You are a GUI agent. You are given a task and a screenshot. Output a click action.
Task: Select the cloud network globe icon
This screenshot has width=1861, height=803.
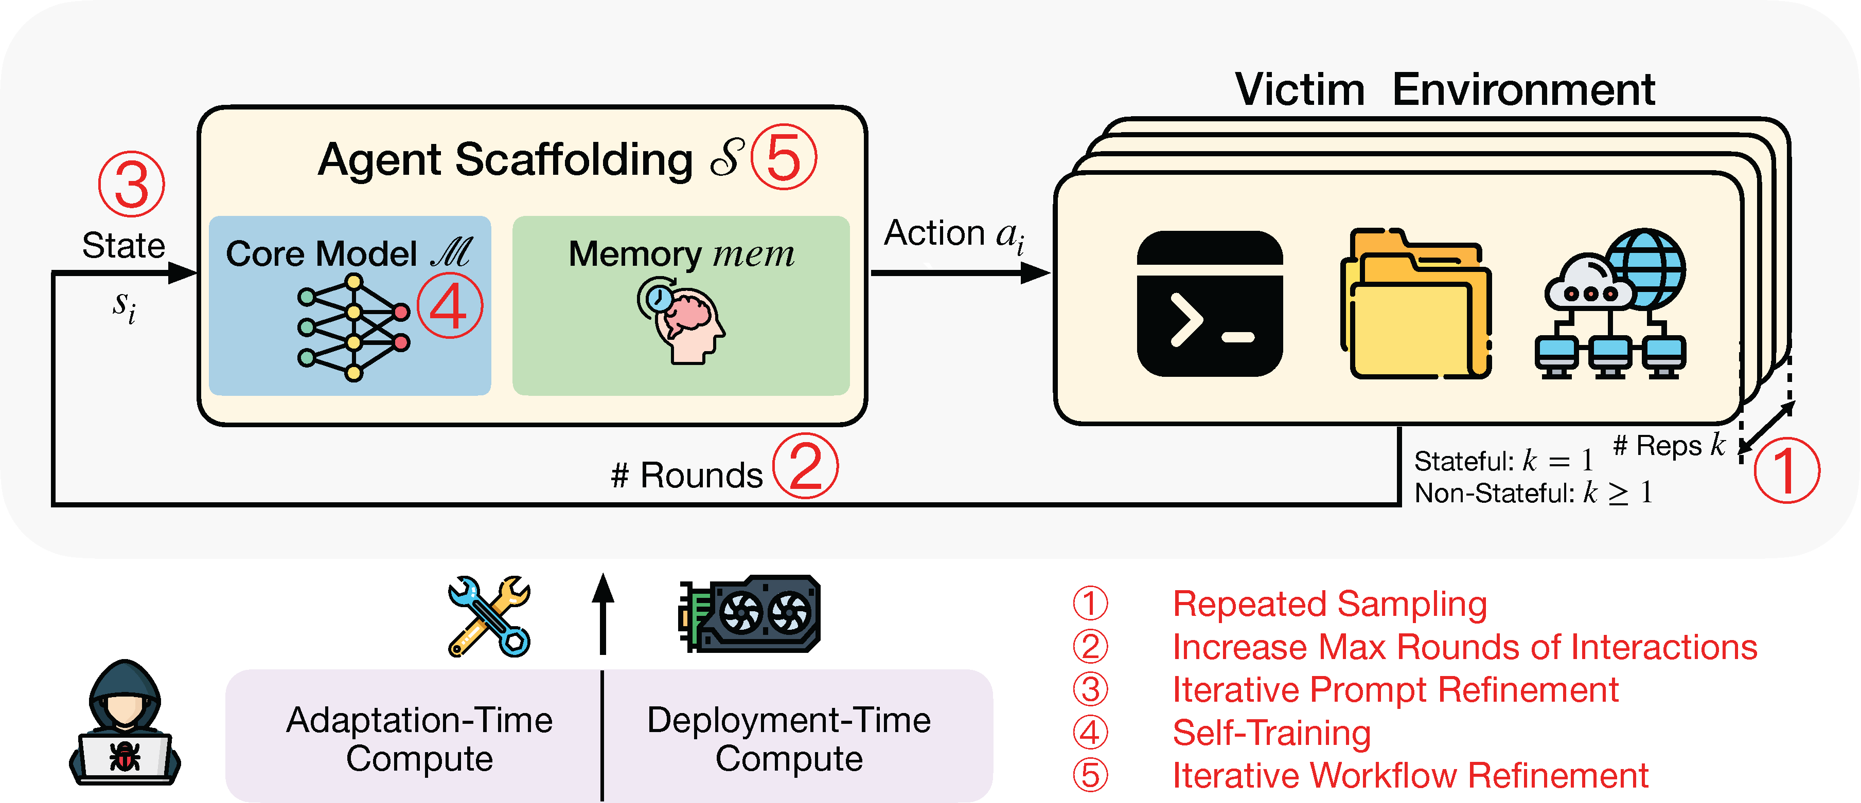click(x=1610, y=303)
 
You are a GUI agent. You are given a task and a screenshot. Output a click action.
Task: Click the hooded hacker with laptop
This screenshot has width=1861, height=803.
click(x=125, y=722)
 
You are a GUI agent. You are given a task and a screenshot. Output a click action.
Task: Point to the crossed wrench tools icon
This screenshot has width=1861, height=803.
click(x=489, y=616)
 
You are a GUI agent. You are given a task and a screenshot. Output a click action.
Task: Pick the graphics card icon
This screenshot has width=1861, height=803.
click(x=749, y=614)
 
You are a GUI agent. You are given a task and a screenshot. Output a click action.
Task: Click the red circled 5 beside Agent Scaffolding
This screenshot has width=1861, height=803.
click(x=784, y=157)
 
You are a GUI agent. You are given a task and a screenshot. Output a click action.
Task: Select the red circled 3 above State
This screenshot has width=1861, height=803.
click(x=132, y=184)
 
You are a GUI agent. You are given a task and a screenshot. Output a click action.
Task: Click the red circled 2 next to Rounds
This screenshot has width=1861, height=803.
click(x=806, y=465)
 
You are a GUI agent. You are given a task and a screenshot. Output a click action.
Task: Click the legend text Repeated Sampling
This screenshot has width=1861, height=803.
click(x=1330, y=604)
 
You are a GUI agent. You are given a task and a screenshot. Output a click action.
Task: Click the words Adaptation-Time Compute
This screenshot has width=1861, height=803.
click(x=419, y=739)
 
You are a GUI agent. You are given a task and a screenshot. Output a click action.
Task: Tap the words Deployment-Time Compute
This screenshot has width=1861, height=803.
click(x=789, y=739)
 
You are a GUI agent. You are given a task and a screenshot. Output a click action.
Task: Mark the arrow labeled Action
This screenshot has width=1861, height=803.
click(x=961, y=273)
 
